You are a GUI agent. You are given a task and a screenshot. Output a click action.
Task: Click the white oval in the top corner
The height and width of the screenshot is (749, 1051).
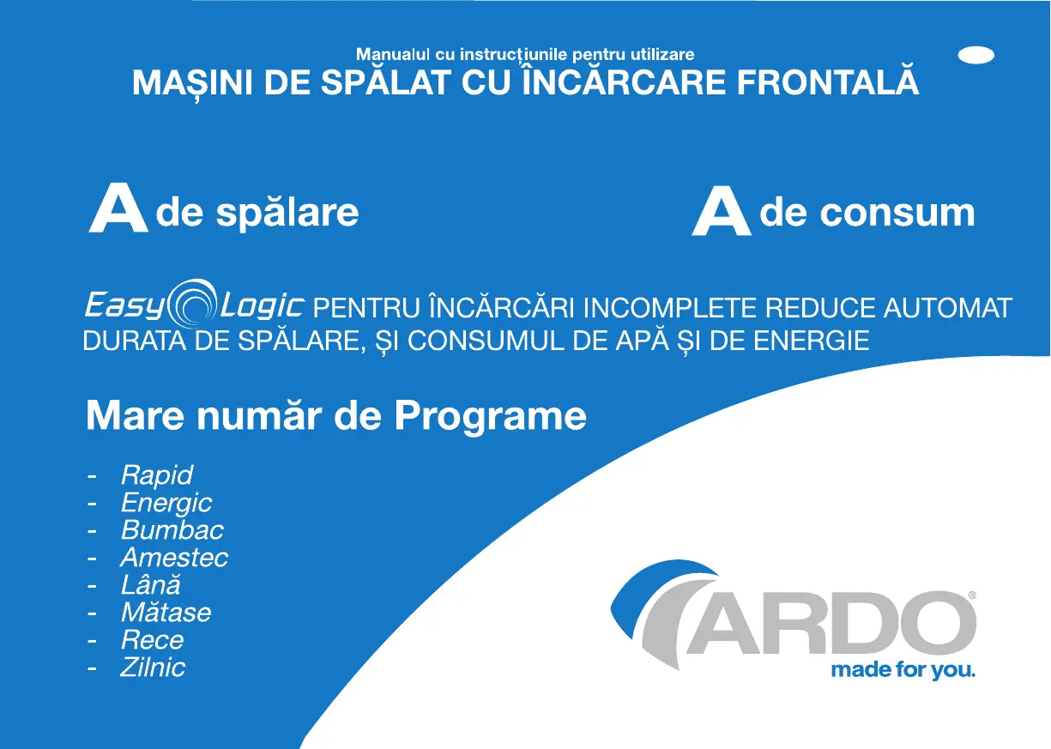click(x=976, y=55)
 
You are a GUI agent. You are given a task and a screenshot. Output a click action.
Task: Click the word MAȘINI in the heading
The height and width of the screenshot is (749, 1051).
click(x=192, y=83)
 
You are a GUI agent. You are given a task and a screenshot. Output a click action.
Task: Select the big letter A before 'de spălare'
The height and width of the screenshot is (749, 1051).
click(x=118, y=208)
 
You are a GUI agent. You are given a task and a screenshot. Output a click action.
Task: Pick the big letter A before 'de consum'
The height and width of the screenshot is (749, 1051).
click(x=722, y=211)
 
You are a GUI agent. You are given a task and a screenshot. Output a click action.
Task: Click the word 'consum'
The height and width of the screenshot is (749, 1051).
click(x=897, y=213)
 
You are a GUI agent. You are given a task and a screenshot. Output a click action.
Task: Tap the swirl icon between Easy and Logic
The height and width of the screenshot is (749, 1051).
click(x=192, y=303)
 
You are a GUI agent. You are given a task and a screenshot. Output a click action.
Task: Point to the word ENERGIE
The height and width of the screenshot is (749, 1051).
click(x=812, y=341)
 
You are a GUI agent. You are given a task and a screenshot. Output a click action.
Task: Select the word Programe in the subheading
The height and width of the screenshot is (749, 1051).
click(x=490, y=417)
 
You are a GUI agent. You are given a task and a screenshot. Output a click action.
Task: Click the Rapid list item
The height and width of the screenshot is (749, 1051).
click(x=157, y=475)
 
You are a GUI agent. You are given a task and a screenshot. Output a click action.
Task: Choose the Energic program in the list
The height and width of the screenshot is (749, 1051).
click(x=166, y=503)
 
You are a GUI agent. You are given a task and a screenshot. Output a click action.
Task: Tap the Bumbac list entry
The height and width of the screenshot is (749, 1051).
click(x=172, y=530)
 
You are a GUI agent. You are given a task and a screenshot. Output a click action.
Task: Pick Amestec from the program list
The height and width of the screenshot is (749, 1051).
click(x=174, y=558)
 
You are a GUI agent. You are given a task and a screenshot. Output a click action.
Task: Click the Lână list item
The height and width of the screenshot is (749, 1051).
click(x=151, y=583)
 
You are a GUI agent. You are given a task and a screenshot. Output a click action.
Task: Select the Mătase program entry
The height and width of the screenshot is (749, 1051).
click(x=166, y=612)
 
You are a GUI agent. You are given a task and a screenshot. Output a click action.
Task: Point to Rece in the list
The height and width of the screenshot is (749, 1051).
click(x=152, y=640)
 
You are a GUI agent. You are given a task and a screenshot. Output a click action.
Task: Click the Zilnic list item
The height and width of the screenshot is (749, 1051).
click(x=153, y=667)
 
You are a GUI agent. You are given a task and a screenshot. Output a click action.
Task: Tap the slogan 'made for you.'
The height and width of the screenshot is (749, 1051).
click(x=903, y=670)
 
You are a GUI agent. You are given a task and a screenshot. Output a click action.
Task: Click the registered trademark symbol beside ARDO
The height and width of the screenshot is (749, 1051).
click(x=972, y=595)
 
